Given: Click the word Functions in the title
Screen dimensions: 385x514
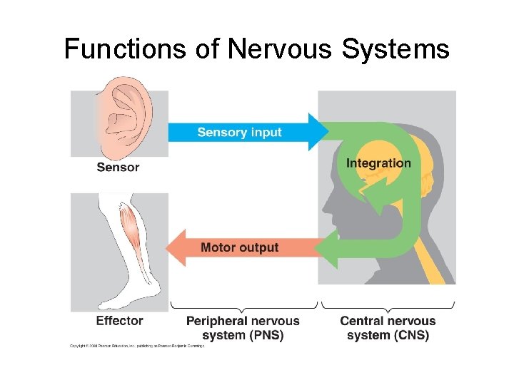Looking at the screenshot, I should point(125,49).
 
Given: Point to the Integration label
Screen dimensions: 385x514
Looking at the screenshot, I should point(378,163).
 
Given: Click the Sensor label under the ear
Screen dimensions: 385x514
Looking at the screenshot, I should point(118,168).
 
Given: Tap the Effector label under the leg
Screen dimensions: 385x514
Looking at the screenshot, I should point(119,321).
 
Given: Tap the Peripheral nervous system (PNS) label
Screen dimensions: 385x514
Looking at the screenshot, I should point(243,328).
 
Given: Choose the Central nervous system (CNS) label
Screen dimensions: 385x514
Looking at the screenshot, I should point(388,328).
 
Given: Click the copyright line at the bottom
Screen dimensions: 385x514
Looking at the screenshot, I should point(136,346).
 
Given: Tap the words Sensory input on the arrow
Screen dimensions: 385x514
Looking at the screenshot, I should point(239,132).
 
